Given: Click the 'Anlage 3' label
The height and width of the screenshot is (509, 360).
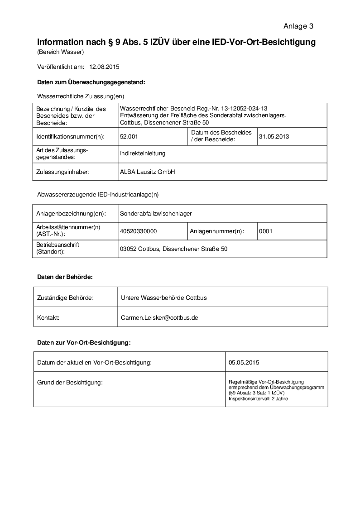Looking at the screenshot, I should (x=298, y=26).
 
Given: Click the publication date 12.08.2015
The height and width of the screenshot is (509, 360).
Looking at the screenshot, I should (x=104, y=67).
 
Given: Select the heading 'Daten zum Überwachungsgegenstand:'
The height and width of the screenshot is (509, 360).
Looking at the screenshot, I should (x=91, y=82).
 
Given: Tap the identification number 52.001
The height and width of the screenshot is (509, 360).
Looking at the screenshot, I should (x=129, y=136).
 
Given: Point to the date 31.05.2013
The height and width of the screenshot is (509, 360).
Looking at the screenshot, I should (x=274, y=136).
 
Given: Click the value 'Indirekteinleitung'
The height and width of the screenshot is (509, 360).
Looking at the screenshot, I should (x=143, y=154).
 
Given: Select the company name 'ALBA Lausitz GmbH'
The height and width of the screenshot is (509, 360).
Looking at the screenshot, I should (x=147, y=172).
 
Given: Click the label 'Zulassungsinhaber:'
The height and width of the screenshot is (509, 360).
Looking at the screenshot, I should (x=63, y=172).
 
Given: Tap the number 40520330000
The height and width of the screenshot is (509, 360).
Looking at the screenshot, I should (x=138, y=231).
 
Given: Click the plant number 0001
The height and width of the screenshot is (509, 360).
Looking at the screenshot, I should (x=266, y=231).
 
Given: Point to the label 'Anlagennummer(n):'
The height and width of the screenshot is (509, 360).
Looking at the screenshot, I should (x=217, y=231).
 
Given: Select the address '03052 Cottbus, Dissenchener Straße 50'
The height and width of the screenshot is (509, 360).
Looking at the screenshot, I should (x=173, y=249).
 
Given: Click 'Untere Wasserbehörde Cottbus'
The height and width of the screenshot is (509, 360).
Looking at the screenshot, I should (x=164, y=298).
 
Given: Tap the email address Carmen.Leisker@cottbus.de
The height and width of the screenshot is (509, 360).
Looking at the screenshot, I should (x=159, y=317).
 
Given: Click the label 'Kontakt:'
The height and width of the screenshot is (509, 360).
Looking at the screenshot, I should (x=48, y=317).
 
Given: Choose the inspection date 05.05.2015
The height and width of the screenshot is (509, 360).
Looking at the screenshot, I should (x=244, y=362).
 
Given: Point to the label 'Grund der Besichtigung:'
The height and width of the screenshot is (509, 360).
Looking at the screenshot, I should (x=70, y=383).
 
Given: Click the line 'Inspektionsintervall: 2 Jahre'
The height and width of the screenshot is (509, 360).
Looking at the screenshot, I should (x=258, y=399).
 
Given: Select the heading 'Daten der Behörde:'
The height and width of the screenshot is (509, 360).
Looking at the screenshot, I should (x=65, y=277).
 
